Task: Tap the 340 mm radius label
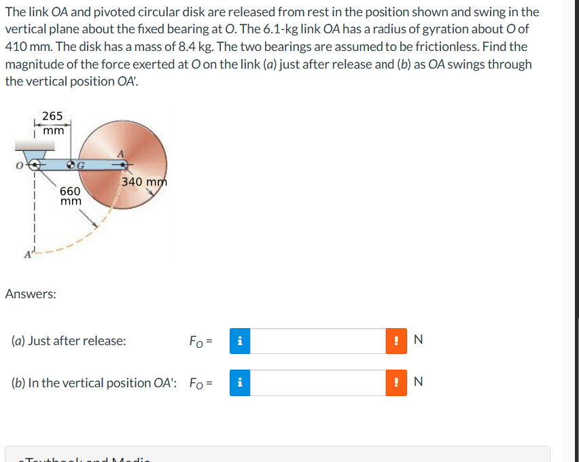point(143,181)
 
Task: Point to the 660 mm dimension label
point(70,196)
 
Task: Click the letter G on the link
point(82,165)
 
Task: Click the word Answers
point(31,294)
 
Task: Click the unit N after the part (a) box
point(418,341)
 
